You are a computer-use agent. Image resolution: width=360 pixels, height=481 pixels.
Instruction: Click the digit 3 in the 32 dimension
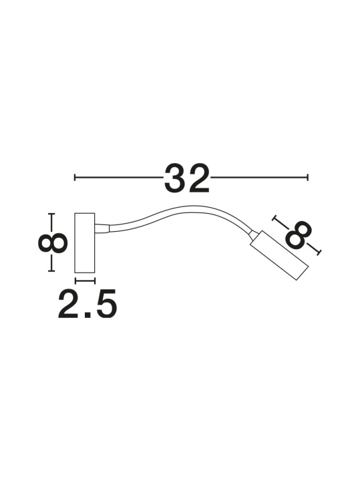[x=175, y=178]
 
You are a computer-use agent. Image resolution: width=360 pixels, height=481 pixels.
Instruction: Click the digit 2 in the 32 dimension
[x=199, y=178]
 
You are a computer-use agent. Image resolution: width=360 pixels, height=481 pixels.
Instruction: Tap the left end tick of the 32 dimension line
[x=75, y=177]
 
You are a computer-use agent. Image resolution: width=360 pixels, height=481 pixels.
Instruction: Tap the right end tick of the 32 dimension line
[x=307, y=177]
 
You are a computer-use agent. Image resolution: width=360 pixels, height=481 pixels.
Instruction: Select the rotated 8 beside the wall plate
[x=53, y=243]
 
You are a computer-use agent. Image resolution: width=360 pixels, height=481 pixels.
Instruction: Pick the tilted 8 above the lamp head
[x=298, y=234]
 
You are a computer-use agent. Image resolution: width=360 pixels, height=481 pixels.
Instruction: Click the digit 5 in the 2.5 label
[x=106, y=303]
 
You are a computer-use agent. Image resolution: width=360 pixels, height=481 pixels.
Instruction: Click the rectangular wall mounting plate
[x=85, y=243]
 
